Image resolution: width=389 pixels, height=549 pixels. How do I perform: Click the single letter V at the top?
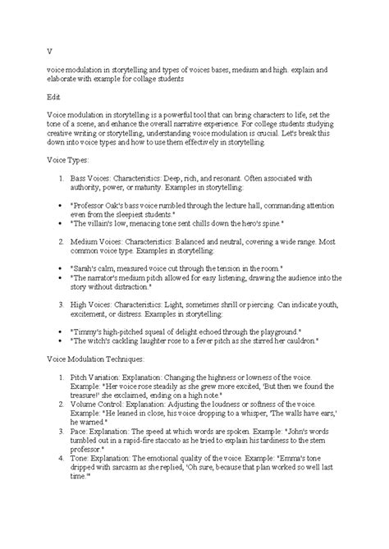click(x=49, y=49)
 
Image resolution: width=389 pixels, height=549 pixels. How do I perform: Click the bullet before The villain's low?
click(x=69, y=222)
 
